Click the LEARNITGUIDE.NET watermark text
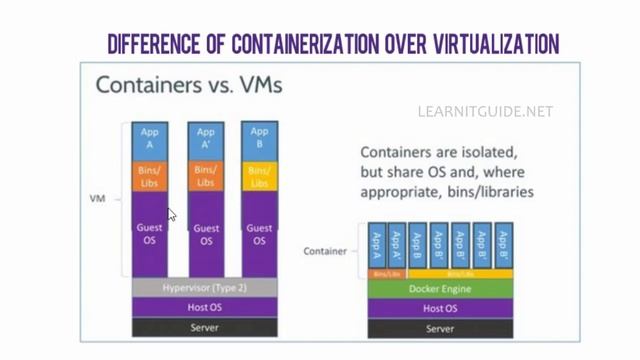(485, 112)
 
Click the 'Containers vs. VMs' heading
(189, 85)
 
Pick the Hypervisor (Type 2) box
(205, 288)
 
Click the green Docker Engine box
(440, 290)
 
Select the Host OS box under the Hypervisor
(205, 307)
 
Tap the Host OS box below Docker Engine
(440, 309)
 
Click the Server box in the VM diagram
(205, 327)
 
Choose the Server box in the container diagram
(440, 328)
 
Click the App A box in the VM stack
(150, 139)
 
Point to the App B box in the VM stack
(260, 139)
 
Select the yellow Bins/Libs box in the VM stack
(260, 177)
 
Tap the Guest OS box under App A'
(206, 234)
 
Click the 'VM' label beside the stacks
(97, 199)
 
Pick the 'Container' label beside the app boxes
(325, 251)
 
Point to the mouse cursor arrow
(172, 214)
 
